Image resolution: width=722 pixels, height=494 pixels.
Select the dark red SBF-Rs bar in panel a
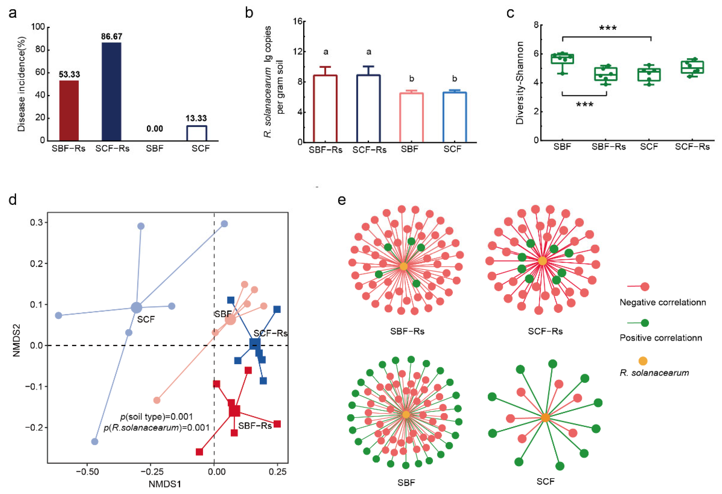point(69,110)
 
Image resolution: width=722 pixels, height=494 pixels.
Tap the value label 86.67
point(112,37)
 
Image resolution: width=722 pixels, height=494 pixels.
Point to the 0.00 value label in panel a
point(154,129)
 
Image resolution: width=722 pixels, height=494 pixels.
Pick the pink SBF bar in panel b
point(411,118)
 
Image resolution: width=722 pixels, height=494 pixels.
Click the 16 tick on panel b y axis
point(298,21)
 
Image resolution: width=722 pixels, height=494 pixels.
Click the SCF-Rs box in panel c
point(692,67)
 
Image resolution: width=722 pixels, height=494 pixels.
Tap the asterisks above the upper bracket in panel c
point(608,28)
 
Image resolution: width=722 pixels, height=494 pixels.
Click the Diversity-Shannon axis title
point(520,83)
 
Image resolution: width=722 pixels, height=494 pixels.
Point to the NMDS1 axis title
point(165,484)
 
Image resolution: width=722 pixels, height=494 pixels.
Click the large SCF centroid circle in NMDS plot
point(136,307)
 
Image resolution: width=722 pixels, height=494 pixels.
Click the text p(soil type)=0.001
point(156,417)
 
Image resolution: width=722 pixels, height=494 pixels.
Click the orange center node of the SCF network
point(545,418)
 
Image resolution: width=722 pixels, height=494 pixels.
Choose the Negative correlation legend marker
point(645,287)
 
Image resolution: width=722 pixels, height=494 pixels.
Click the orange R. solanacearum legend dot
point(643,361)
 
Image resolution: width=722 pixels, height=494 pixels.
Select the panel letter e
point(341,200)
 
